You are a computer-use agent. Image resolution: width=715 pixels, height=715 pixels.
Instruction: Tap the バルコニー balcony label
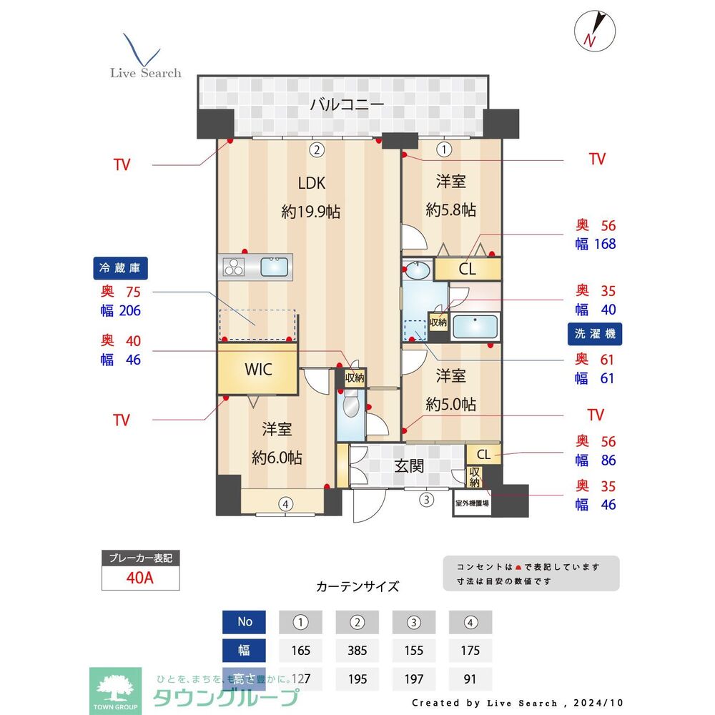(x=347, y=105)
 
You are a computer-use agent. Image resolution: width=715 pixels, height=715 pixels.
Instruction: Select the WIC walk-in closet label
(x=257, y=370)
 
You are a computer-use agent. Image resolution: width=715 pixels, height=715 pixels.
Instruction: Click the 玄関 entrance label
(x=409, y=466)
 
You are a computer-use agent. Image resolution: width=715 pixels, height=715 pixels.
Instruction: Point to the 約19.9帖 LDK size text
(x=311, y=212)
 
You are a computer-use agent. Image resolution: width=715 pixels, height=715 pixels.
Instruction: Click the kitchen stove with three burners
(x=233, y=267)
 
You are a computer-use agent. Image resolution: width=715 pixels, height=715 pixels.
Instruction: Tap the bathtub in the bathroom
(x=475, y=327)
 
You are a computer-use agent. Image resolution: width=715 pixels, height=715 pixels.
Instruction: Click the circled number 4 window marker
(x=285, y=504)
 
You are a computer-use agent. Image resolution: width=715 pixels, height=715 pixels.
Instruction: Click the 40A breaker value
(x=139, y=578)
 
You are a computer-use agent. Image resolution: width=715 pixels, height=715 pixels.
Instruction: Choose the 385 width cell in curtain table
(x=357, y=650)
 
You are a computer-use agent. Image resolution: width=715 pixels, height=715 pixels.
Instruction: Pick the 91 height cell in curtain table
(x=470, y=679)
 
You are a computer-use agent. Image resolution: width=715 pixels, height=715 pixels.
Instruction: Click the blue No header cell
(x=245, y=621)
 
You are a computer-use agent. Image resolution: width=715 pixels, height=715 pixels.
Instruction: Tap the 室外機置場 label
(x=473, y=503)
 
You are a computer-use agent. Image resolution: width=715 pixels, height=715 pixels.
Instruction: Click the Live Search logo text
(x=145, y=73)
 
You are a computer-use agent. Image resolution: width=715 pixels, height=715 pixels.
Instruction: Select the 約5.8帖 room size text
(x=450, y=210)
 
